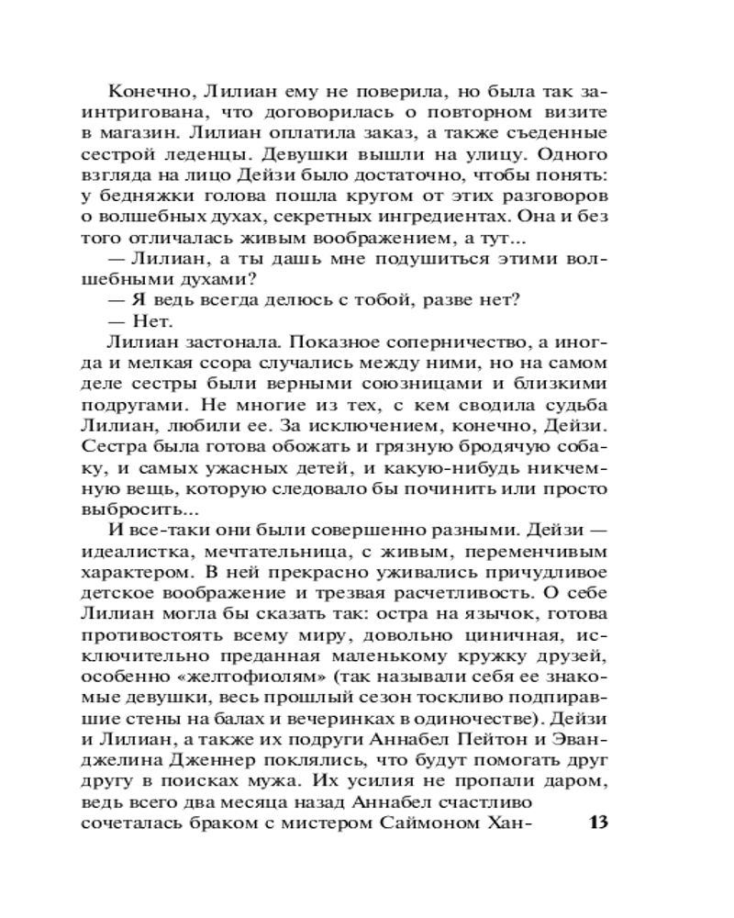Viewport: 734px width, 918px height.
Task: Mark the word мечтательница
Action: pos(294,553)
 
